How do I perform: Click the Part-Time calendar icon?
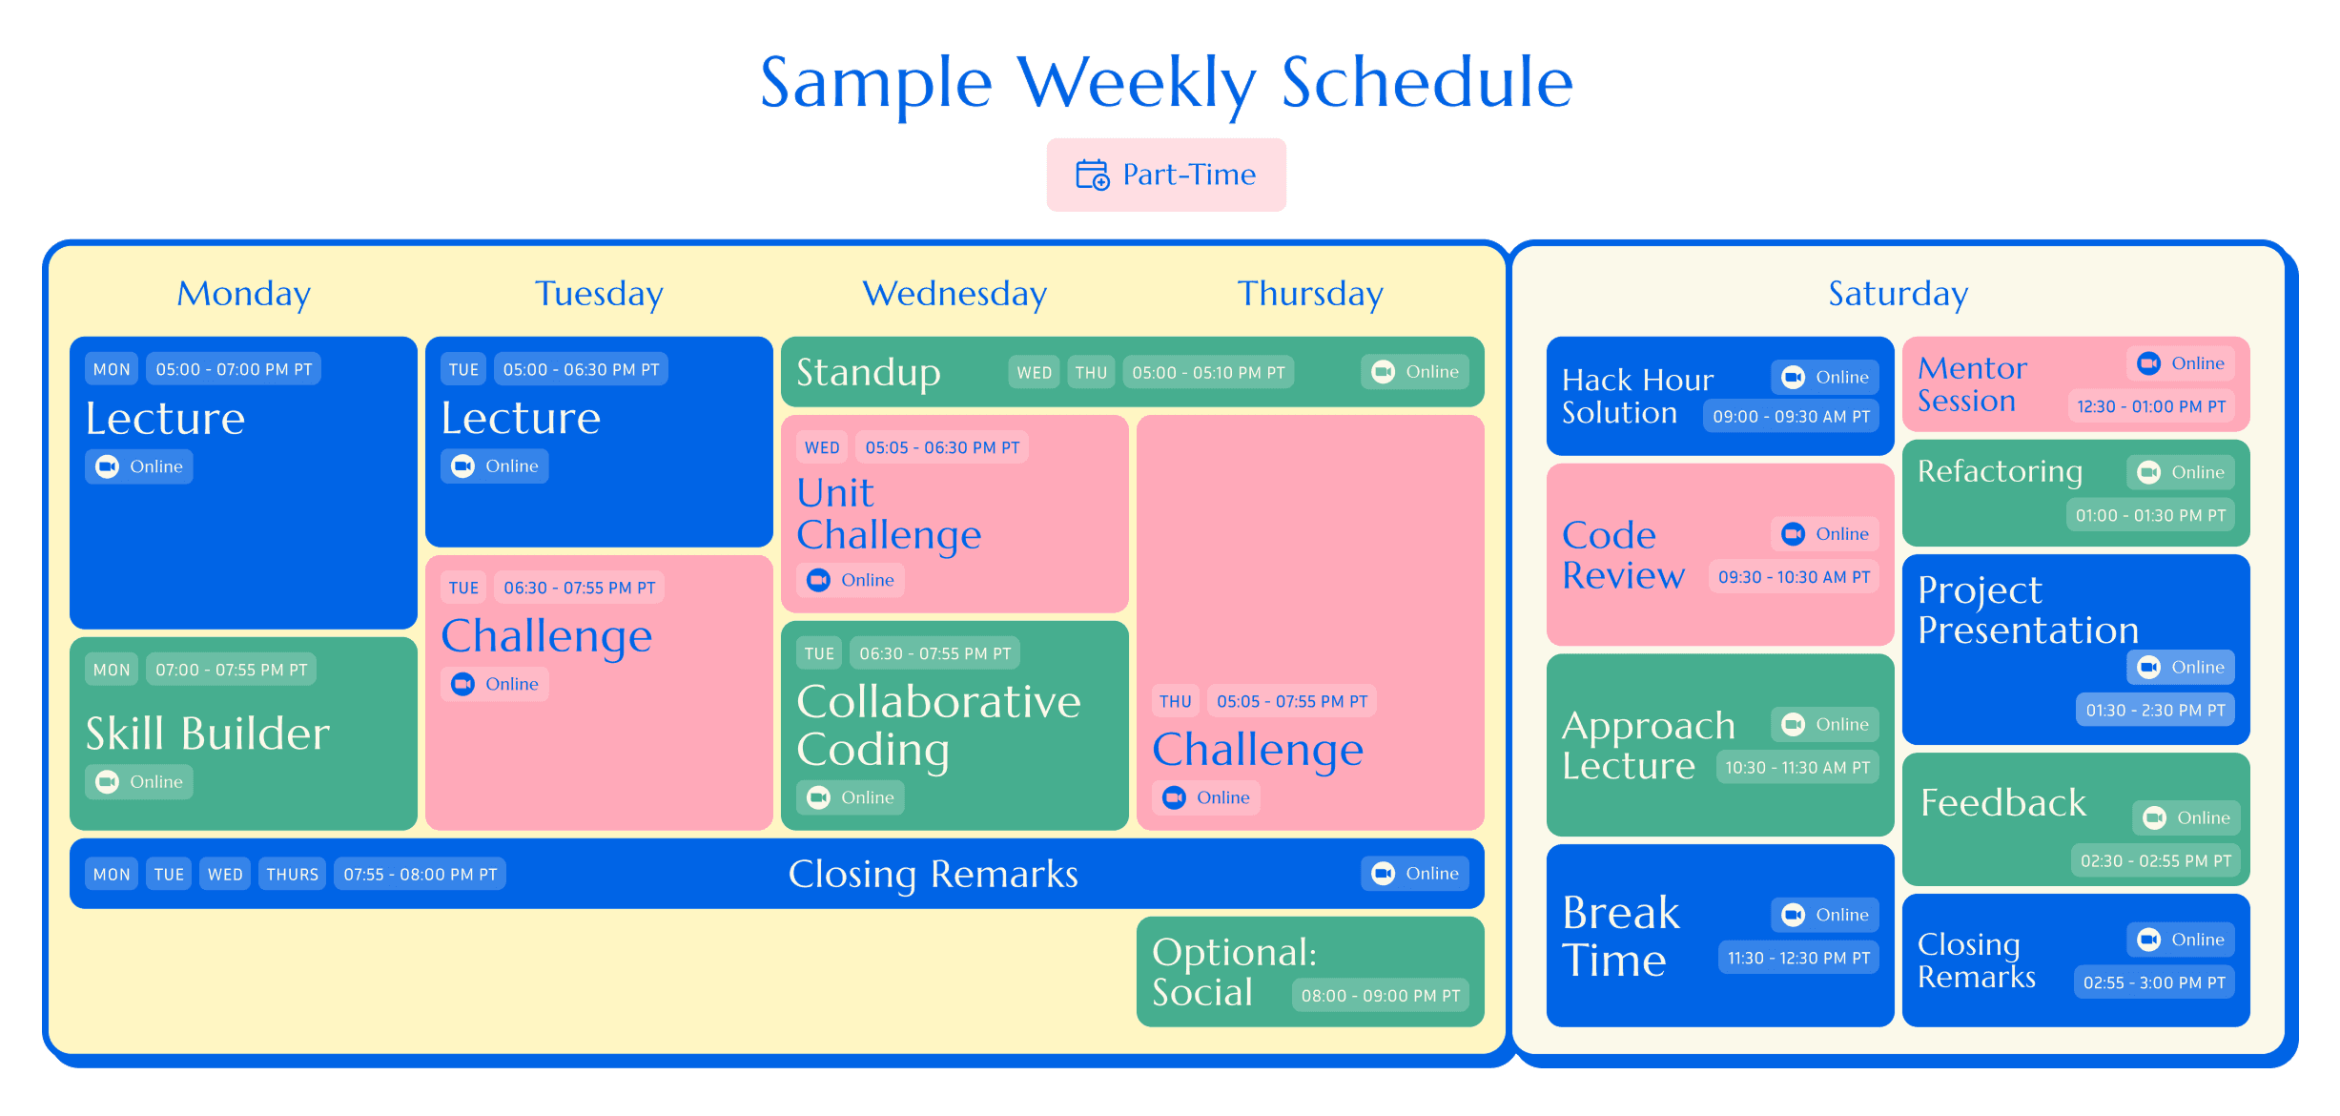coord(1092,176)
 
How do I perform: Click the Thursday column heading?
coord(1309,294)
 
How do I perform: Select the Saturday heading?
coord(1898,294)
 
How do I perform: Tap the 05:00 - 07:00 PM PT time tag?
coord(234,369)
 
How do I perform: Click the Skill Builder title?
coord(208,734)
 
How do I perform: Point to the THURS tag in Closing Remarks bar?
coord(292,874)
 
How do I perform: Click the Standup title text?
coord(868,372)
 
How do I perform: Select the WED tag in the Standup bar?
coord(1034,372)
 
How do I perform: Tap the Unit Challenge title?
coord(888,513)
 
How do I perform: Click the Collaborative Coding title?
coord(938,725)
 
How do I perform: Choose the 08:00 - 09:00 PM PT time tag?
coord(1380,996)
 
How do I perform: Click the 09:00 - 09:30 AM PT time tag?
coord(1791,416)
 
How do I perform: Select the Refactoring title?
coord(2000,471)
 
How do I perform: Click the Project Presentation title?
coord(2027,610)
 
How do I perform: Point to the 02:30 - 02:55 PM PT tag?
coord(2155,860)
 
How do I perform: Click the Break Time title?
coord(1620,936)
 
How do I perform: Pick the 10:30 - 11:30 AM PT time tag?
coord(1797,768)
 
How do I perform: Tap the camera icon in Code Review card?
coord(1793,534)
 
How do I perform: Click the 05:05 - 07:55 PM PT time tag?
coord(1292,701)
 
